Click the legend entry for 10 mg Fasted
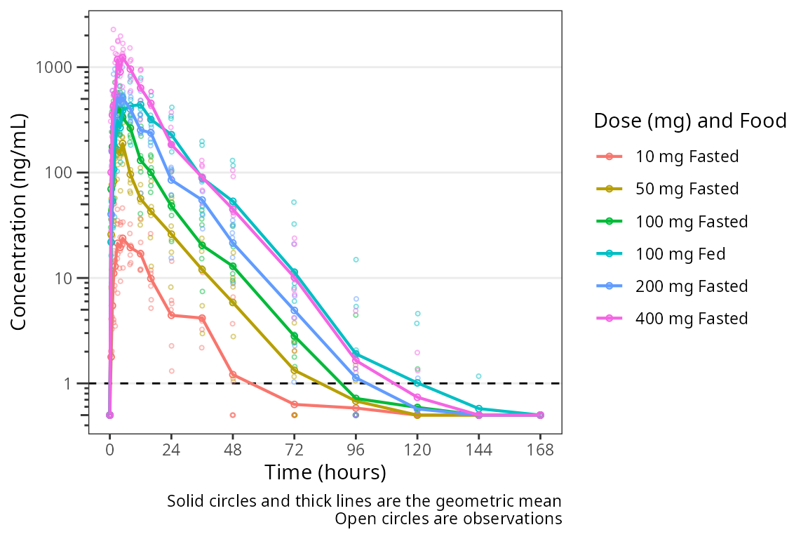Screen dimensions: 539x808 pyautogui.click(x=687, y=157)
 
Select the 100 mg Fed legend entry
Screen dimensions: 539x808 pyautogui.click(x=680, y=254)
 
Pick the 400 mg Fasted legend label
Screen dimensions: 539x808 pyautogui.click(x=692, y=319)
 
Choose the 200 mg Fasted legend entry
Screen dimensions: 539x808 pyautogui.click(x=692, y=286)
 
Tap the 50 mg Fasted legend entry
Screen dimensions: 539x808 pyautogui.click(x=687, y=189)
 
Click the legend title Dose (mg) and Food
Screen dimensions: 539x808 pyautogui.click(x=690, y=121)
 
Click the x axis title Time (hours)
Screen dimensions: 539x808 pyautogui.click(x=325, y=472)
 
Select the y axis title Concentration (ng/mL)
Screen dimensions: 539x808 pyautogui.click(x=20, y=222)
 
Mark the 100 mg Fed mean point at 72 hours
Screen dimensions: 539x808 pyautogui.click(x=295, y=272)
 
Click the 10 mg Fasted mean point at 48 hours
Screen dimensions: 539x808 pyautogui.click(x=233, y=375)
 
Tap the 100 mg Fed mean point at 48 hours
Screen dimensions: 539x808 pyautogui.click(x=233, y=202)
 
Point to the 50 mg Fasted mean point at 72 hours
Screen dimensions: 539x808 pyautogui.click(x=295, y=370)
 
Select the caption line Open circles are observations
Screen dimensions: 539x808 pyautogui.click(x=448, y=519)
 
